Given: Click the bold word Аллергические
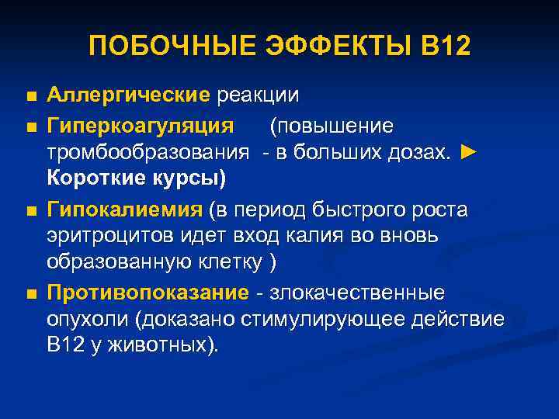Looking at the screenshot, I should pyautogui.click(x=128, y=95).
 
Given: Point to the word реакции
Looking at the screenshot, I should pyautogui.click(x=259, y=95).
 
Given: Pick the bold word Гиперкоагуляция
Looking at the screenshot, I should pyautogui.click(x=140, y=126).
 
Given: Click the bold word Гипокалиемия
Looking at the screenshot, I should pyautogui.click(x=125, y=209).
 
